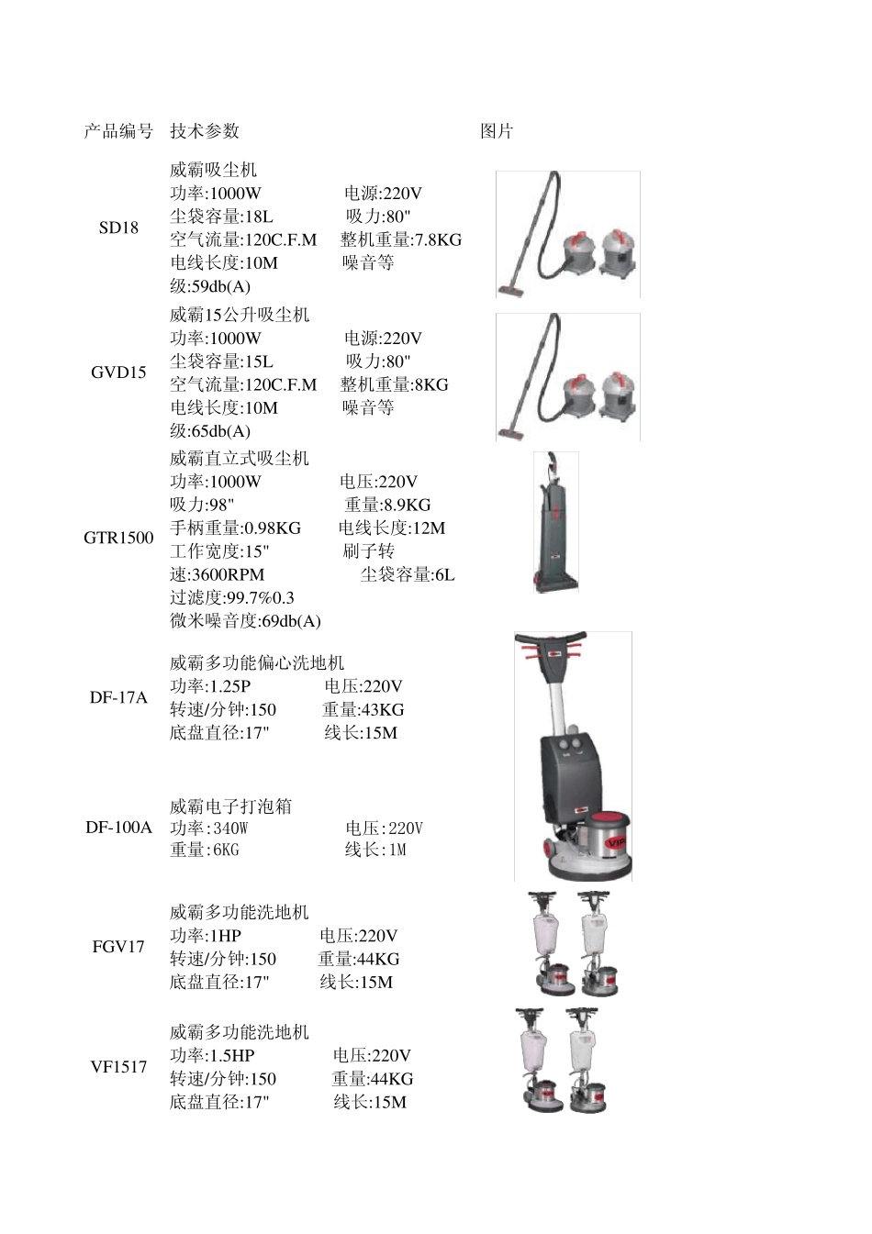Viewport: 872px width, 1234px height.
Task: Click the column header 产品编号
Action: pos(118,131)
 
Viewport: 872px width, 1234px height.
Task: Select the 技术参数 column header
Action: pos(204,131)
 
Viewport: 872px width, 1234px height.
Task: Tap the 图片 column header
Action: pos(497,131)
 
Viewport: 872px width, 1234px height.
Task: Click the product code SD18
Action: pos(118,228)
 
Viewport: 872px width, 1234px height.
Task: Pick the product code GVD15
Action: pos(118,372)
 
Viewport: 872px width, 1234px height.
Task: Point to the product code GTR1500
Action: pos(118,538)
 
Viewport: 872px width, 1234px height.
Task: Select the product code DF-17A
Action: pos(118,697)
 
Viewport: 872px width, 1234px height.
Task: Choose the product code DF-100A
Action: pos(118,828)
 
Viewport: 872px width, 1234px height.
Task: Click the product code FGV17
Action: pos(118,947)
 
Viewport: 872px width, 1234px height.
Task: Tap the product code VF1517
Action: pos(118,1067)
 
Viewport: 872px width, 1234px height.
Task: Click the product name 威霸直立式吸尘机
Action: pos(240,459)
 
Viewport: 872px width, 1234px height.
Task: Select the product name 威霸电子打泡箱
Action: pos(230,806)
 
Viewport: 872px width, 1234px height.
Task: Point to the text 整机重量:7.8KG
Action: pos(401,240)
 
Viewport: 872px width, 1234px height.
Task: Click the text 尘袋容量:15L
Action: pos(221,361)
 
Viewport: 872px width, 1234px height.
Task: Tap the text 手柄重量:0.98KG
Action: pos(235,528)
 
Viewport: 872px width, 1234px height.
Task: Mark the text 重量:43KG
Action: pos(363,710)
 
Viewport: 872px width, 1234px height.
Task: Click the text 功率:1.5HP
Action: pos(212,1056)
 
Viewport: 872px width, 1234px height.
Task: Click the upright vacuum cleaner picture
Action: pos(555,521)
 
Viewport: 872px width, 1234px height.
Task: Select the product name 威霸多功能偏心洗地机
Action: pos(257,663)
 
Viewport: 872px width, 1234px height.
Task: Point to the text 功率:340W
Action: pos(209,828)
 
